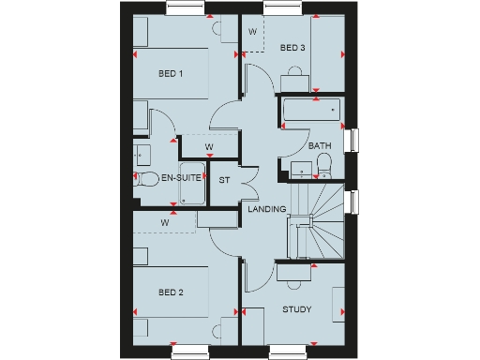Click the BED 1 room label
point(171,74)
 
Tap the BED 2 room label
point(171,292)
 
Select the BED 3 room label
point(292,48)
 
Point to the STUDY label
point(297,309)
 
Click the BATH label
point(320,145)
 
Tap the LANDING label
point(266,209)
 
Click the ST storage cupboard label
point(224,179)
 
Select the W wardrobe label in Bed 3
point(252,32)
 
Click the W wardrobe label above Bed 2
point(165,222)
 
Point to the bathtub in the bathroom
point(311,111)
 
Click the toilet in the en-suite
point(145,179)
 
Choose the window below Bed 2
point(192,352)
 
